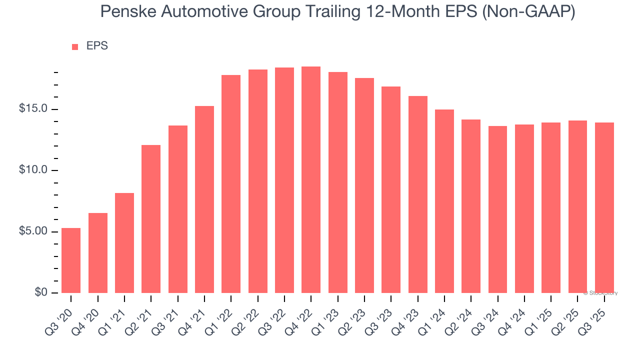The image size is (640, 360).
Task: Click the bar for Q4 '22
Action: pos(311,179)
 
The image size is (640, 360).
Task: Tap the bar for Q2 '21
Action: pos(151,218)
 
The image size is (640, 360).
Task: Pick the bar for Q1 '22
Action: pos(231,183)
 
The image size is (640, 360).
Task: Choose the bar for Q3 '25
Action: pos(604,207)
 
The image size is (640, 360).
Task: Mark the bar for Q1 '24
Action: pos(444,201)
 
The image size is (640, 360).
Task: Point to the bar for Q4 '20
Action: pos(98,252)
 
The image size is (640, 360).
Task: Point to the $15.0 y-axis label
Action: pos(33,109)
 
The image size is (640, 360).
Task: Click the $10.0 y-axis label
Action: pos(33,170)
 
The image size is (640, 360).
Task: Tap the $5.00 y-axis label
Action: pos(33,231)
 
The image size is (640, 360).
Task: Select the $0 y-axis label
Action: pos(41,292)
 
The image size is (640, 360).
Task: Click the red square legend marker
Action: pos(75,47)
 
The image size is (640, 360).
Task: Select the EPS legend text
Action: pos(97,46)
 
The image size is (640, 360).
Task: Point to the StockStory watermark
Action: pos(600,293)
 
